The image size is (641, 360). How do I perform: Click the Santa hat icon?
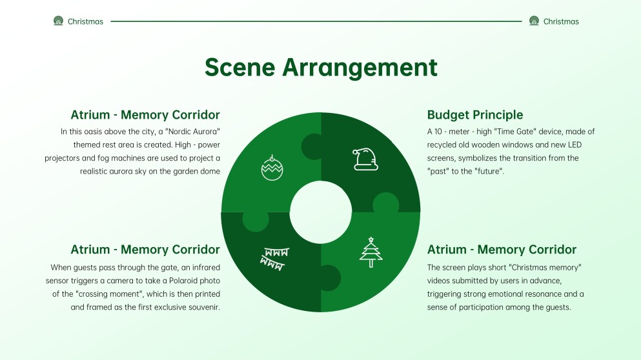[x=365, y=159]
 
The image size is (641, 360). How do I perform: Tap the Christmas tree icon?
[x=371, y=252]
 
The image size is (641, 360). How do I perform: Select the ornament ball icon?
[x=272, y=166]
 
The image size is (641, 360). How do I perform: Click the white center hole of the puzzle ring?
[x=321, y=212]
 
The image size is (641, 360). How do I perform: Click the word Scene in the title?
[x=239, y=67]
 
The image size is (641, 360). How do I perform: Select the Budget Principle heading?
[x=475, y=115]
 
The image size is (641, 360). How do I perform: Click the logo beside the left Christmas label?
[x=59, y=21]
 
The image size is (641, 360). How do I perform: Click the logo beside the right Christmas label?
[x=534, y=21]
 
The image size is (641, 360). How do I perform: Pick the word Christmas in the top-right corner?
[x=561, y=21]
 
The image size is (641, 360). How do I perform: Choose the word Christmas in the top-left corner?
[x=85, y=21]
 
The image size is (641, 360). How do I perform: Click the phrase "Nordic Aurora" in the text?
[x=192, y=132]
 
